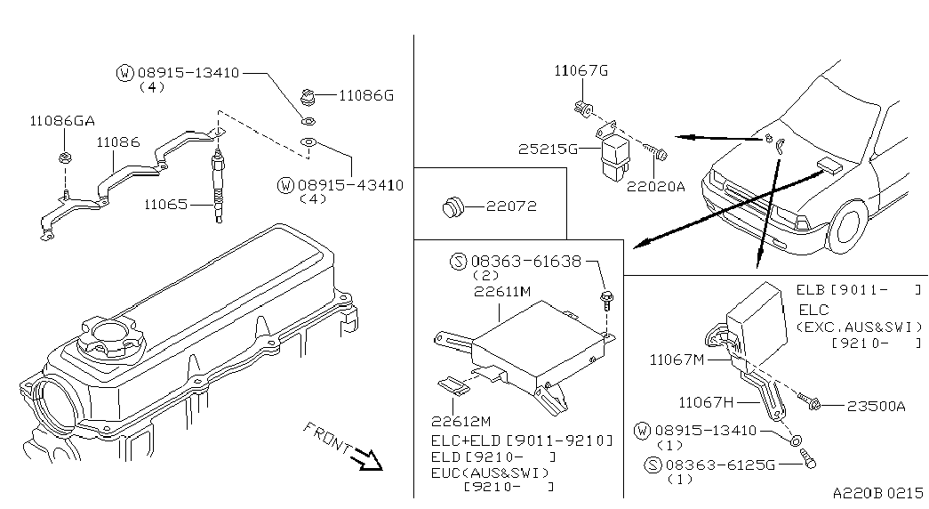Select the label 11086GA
coord(61,120)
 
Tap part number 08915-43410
coord(350,185)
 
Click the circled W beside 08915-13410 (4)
coord(124,73)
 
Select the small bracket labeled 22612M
coord(453,385)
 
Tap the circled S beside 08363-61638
coord(459,262)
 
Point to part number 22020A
coord(655,187)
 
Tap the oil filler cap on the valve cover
coord(108,335)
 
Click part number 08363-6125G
coord(720,465)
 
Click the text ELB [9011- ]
coord(858,291)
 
